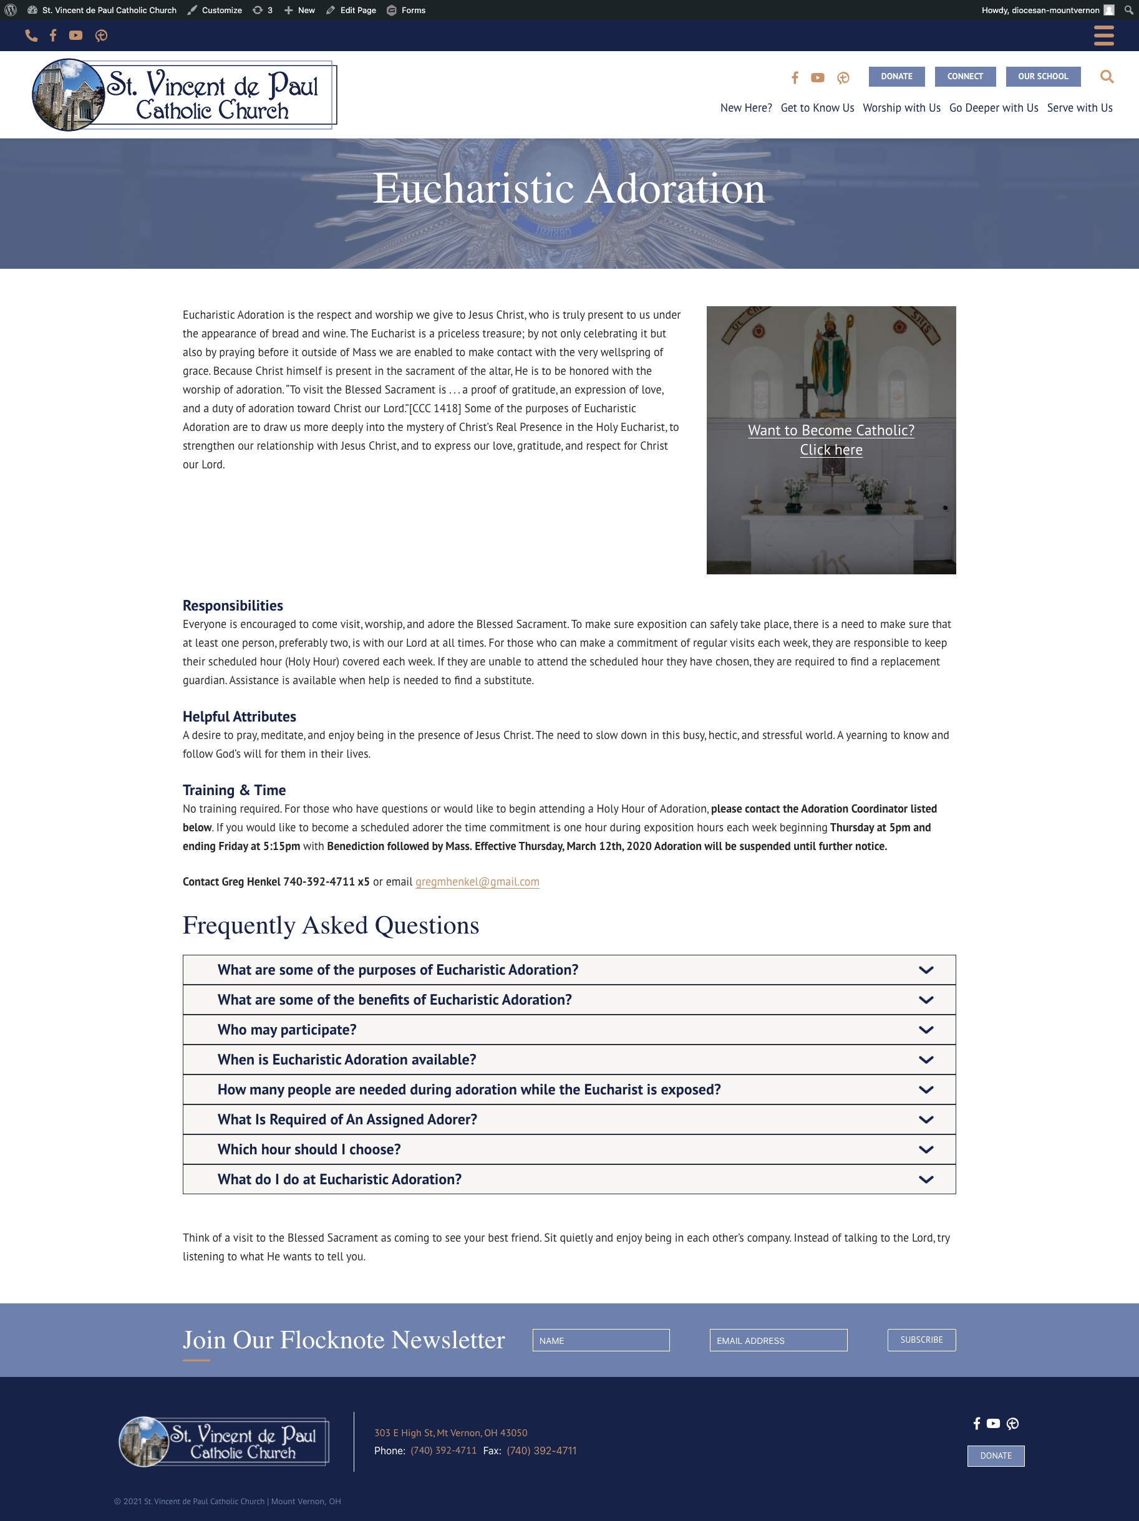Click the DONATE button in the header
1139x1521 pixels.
click(896, 76)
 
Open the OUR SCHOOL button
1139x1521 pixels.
click(1043, 76)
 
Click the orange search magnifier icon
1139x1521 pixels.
click(1107, 76)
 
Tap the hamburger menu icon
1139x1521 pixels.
click(1103, 35)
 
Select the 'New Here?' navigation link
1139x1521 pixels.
click(745, 108)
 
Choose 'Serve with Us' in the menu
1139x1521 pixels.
click(1079, 108)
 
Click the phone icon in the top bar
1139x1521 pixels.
click(31, 35)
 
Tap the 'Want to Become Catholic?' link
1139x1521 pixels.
click(831, 430)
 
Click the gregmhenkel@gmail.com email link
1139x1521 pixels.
click(477, 882)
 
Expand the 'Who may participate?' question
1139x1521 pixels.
click(287, 1030)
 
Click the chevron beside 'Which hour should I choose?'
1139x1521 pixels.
click(926, 1150)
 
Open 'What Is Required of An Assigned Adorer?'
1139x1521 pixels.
click(347, 1119)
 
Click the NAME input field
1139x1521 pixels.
click(601, 1340)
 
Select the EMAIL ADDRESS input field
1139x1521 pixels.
click(778, 1340)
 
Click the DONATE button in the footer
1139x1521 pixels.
click(996, 1456)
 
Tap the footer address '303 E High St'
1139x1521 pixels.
click(450, 1433)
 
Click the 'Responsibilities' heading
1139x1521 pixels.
click(233, 606)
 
